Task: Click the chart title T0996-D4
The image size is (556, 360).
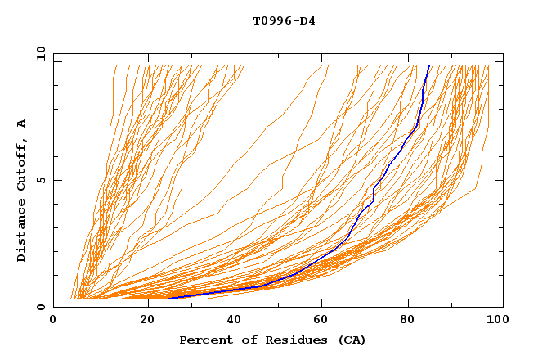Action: (284, 20)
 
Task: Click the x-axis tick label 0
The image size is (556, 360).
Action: (53, 321)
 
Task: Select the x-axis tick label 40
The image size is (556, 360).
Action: (235, 321)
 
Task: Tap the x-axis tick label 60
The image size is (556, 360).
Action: (324, 321)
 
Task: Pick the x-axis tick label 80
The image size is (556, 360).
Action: (413, 321)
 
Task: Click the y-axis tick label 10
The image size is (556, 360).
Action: (40, 52)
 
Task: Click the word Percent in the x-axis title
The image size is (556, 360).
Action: (204, 340)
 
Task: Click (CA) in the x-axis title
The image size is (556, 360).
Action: (352, 340)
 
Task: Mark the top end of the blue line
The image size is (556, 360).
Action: (429, 66)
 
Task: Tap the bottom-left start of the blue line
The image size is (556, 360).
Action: (168, 299)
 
